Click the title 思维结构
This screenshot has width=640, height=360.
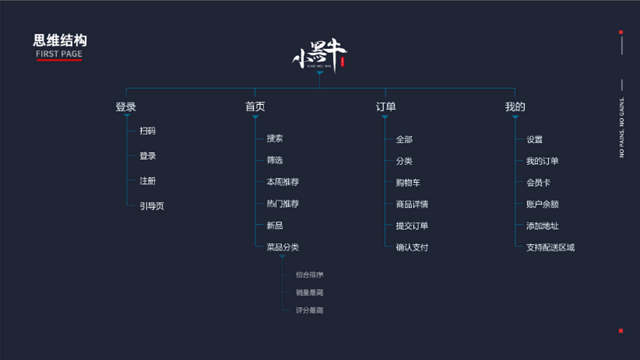tap(60, 40)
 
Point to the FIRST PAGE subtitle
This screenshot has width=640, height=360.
tap(59, 53)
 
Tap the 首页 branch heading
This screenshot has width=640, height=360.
tap(255, 106)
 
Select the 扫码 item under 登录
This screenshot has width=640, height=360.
tap(147, 131)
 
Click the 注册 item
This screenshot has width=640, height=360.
tap(147, 181)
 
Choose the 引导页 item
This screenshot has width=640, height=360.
tap(151, 206)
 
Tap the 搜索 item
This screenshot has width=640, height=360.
tap(274, 138)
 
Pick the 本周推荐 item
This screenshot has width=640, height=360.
tap(282, 182)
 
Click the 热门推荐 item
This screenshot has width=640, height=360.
tap(282, 203)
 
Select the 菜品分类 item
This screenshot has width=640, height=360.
tap(282, 247)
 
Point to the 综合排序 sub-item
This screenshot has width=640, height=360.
tap(309, 274)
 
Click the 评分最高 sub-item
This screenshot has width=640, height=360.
tap(309, 310)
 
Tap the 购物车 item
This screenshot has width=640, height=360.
tap(408, 182)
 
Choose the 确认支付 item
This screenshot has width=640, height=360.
tap(412, 247)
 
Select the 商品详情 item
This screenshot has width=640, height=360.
tap(412, 204)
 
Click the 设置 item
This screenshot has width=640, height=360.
tap(534, 139)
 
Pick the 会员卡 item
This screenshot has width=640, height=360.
tap(538, 182)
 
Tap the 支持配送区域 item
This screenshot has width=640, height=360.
tap(550, 247)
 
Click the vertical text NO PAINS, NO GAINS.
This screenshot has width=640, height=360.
tap(621, 126)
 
